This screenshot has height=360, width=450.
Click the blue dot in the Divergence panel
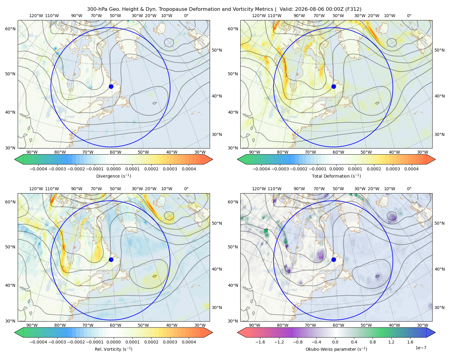[111, 86]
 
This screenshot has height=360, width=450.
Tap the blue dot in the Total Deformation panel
[334, 86]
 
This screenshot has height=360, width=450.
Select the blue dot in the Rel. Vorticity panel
[111, 259]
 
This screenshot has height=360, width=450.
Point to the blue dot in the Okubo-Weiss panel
[334, 259]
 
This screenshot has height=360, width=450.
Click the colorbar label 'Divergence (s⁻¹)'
[113, 176]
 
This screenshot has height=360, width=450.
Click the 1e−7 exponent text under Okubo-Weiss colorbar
[421, 348]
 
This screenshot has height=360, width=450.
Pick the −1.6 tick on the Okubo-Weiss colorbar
[260, 342]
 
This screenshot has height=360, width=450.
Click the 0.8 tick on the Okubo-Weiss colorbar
[373, 342]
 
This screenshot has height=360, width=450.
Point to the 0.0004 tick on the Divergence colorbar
[189, 169]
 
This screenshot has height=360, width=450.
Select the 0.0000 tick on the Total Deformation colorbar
[337, 169]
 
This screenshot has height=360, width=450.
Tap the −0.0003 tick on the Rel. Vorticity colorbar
[57, 342]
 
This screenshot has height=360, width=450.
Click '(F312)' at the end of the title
[353, 9]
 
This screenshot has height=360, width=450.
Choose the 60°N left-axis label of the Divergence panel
[10, 29]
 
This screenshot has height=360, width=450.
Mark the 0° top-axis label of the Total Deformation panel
[409, 16]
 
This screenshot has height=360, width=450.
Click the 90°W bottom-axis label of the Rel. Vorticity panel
[32, 325]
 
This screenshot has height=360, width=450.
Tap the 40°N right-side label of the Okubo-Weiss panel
[439, 269]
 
